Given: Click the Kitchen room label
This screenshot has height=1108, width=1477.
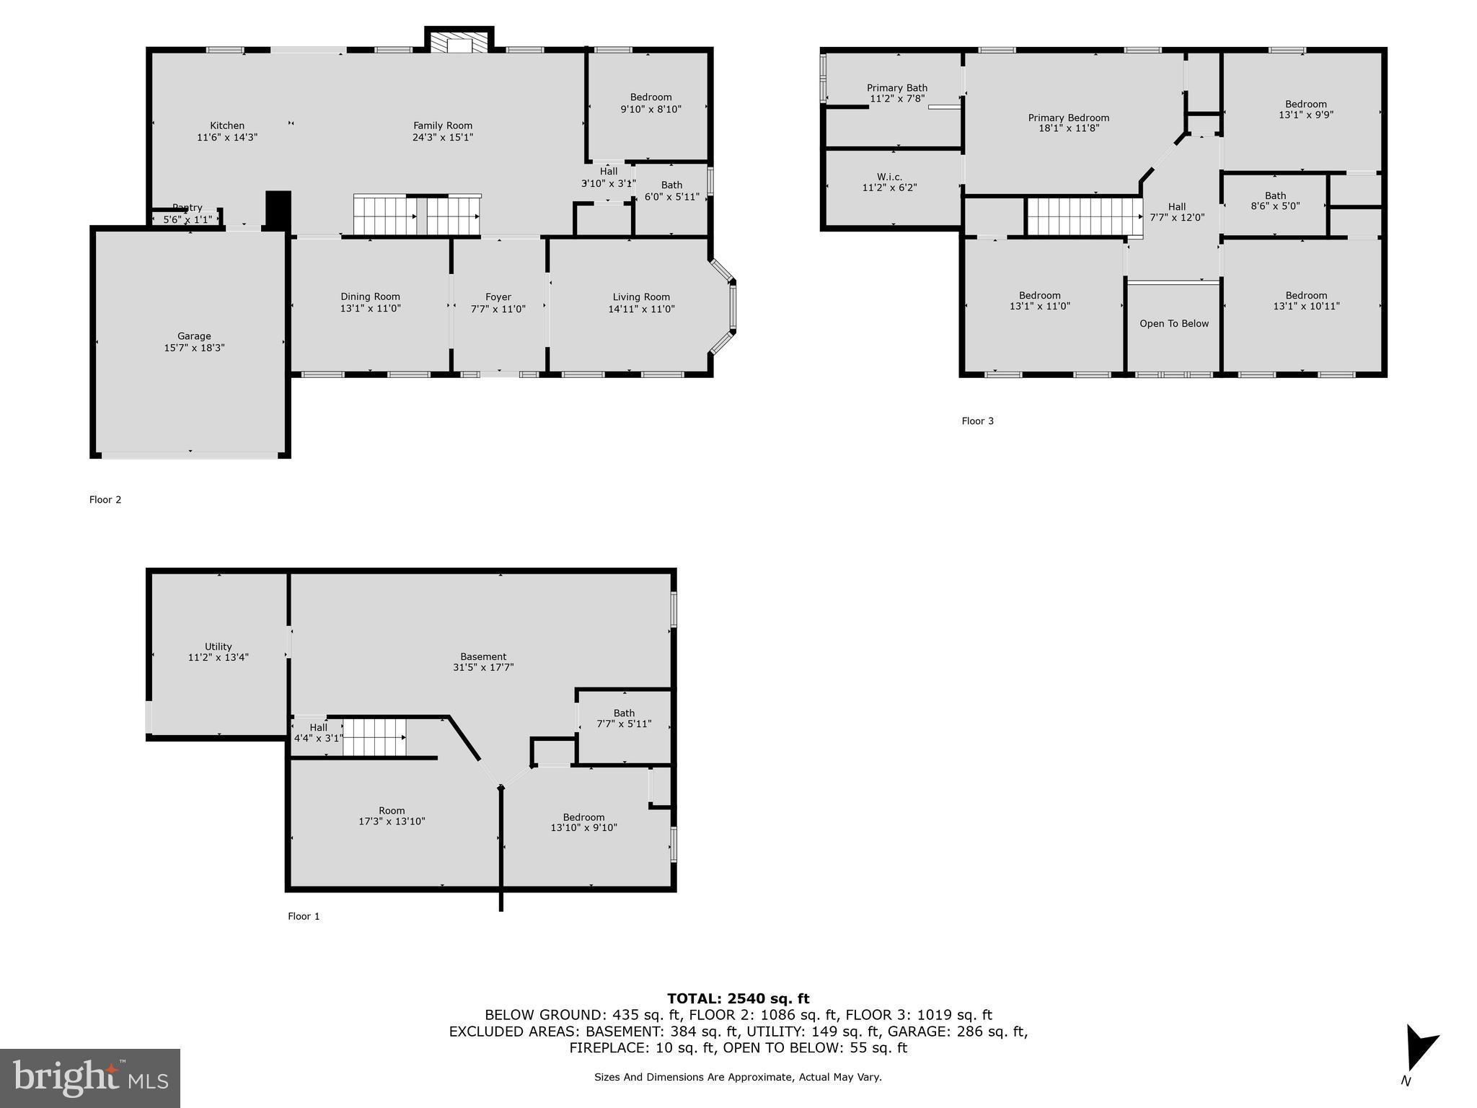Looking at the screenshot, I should [227, 126].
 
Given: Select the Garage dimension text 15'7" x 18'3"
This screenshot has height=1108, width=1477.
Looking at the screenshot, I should [194, 348].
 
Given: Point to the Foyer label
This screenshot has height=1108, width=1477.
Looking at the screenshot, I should [498, 297].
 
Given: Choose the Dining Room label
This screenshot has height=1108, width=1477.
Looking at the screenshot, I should [370, 296].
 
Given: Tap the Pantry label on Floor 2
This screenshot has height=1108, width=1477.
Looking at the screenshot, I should [187, 208].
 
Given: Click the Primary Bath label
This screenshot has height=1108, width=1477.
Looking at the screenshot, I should [897, 88].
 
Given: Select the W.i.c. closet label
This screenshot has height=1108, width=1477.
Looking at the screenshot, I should [889, 177].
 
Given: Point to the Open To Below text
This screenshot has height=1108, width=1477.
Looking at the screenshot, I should [1174, 323].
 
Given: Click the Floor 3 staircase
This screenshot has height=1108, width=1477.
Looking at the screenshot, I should [1084, 216].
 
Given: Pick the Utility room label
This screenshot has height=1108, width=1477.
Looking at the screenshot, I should [218, 646].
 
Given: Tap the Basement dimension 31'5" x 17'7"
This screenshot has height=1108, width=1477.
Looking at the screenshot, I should [483, 668].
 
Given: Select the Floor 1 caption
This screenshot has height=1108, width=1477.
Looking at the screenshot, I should [304, 916].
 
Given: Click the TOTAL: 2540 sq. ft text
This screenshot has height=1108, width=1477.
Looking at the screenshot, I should [738, 998].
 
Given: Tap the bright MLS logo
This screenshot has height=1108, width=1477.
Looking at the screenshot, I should [90, 1078].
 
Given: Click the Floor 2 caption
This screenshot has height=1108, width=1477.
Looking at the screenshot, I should [105, 499].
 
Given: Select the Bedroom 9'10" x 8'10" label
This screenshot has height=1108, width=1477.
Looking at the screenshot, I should [651, 103].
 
